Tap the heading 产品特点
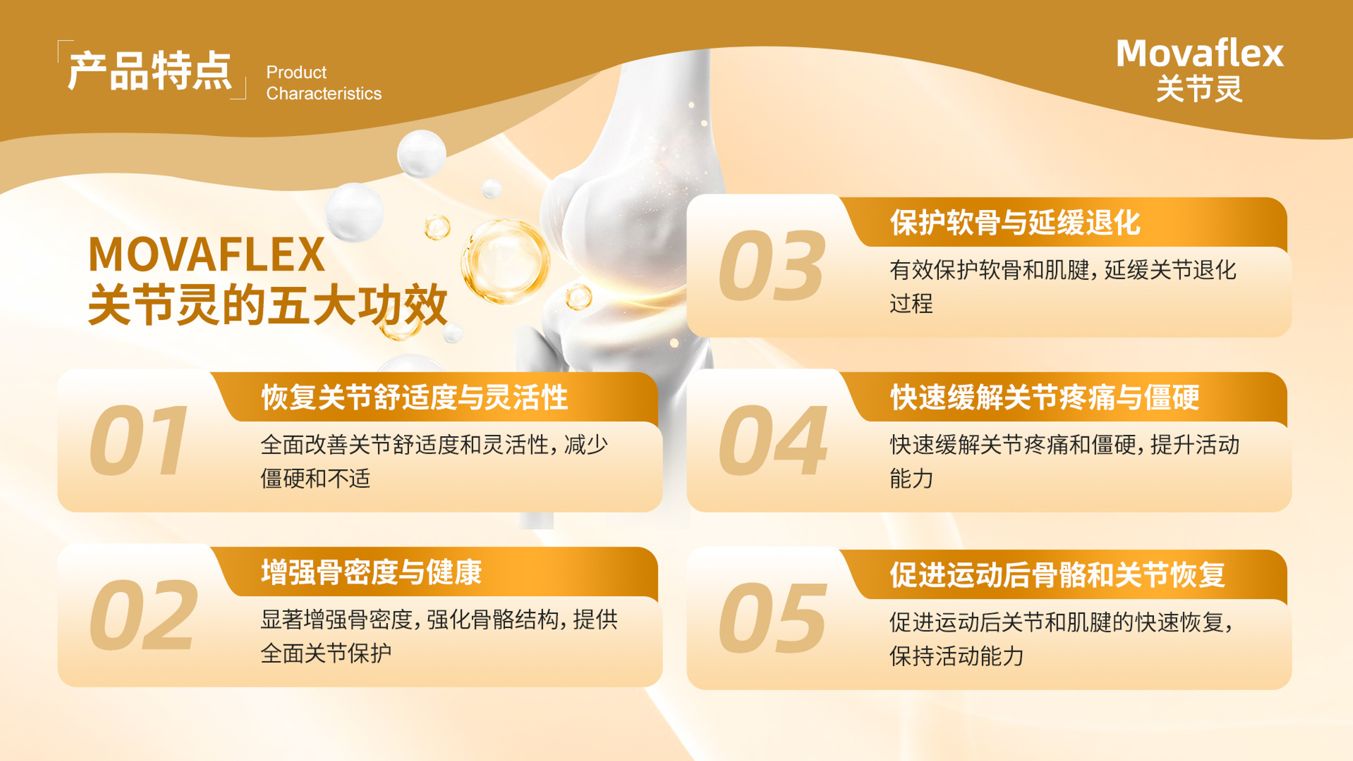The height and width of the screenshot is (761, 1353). [150, 71]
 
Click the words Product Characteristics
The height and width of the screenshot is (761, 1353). [323, 83]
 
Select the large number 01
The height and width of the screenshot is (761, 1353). [138, 440]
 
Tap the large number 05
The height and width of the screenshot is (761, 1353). [773, 618]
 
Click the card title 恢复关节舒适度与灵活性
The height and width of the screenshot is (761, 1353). [414, 397]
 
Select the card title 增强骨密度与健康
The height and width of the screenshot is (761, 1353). [371, 572]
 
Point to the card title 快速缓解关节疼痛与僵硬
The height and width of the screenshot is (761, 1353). [1045, 397]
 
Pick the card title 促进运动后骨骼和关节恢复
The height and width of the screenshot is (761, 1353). [1057, 575]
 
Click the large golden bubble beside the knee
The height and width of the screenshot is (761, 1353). [505, 261]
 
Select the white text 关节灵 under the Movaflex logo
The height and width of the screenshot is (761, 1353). [1200, 89]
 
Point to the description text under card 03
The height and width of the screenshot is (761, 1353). [1063, 287]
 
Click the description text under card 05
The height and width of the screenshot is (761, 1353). [1061, 639]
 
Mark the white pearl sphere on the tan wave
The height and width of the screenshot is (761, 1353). [421, 153]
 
